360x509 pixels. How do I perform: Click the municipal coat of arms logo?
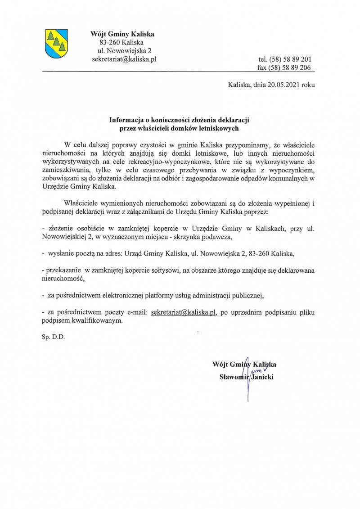point(56,43)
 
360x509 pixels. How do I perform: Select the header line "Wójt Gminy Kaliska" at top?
point(122,34)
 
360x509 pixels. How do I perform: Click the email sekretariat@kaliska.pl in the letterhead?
point(124,59)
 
